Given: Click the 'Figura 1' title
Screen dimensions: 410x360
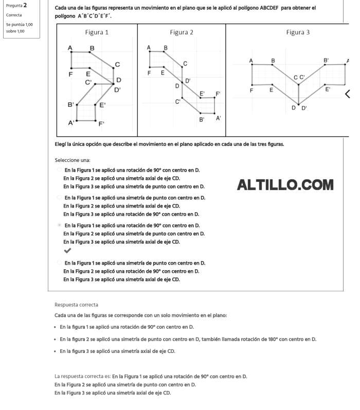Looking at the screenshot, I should [97, 32].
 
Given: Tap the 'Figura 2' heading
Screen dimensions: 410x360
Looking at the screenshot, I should [182, 32].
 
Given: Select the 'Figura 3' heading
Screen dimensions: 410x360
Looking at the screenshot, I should [298, 32].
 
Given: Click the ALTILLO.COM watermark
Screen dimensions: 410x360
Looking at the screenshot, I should [285, 185].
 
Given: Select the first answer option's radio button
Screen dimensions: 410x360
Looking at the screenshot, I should [60, 170].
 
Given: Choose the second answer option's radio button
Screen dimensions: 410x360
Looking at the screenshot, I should [60, 197].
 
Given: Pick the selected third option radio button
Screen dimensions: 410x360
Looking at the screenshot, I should [60, 225].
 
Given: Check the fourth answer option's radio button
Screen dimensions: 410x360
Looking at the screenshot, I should [60, 263].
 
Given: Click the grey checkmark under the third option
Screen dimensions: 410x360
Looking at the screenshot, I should [67, 251].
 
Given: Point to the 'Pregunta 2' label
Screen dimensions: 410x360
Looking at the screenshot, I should [16, 5].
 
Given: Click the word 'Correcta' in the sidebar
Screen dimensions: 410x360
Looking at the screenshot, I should [14, 15].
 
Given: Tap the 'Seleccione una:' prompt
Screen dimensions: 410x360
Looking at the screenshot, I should [73, 160].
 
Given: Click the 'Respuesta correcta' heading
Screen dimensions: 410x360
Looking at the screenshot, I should [76, 305].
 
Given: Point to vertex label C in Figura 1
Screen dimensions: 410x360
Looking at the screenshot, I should [117, 64].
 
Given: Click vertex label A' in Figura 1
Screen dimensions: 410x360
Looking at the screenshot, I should [71, 123].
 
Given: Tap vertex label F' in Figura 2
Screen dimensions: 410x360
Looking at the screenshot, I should [218, 94].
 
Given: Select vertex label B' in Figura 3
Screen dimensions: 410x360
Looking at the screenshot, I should [326, 61].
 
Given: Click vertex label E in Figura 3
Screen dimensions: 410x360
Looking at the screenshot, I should [272, 90].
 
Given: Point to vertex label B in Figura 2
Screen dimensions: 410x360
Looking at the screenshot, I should [166, 48].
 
